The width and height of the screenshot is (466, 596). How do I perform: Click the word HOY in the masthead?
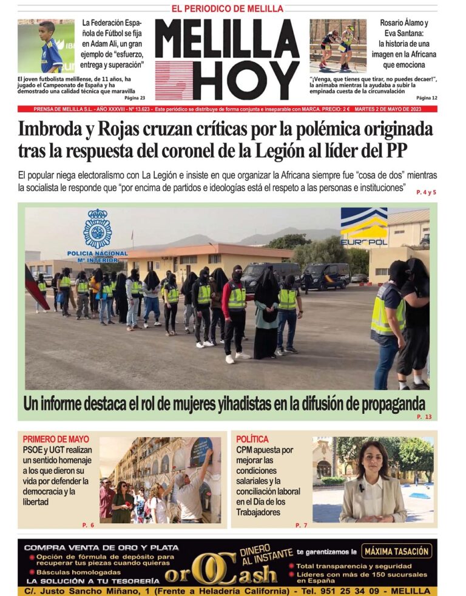click(x=249, y=80)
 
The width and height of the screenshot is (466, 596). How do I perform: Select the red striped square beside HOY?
click(x=174, y=81)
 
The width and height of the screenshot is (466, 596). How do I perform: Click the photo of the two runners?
click(x=338, y=46)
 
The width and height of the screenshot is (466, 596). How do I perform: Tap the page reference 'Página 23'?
click(x=135, y=98)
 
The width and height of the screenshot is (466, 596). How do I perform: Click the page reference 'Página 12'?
click(x=427, y=98)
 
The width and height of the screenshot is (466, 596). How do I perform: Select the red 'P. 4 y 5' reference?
click(x=426, y=192)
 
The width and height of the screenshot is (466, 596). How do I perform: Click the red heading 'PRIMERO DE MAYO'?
click(x=56, y=439)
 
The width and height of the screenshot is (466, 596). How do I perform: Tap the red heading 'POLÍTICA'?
click(x=252, y=439)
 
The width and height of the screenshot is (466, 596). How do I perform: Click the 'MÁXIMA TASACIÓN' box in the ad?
click(x=397, y=552)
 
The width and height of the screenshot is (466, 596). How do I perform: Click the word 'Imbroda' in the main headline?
click(x=55, y=130)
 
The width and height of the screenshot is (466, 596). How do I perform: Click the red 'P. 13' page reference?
click(x=424, y=417)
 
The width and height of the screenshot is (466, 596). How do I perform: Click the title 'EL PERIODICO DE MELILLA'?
click(x=228, y=8)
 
